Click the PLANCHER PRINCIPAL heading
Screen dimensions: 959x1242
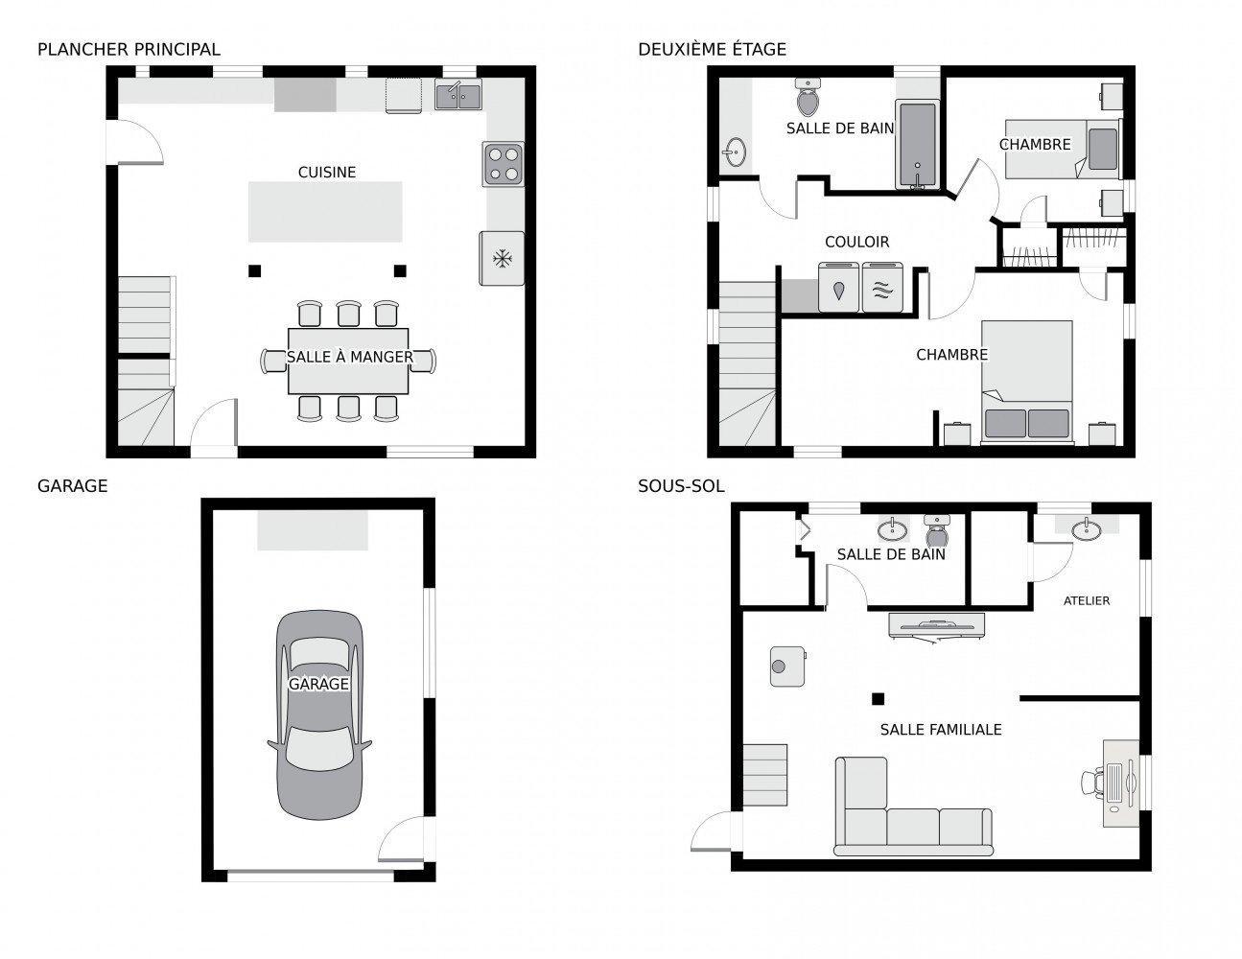click(x=129, y=49)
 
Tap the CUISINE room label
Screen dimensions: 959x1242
click(x=327, y=173)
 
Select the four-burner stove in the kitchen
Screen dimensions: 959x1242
click(x=504, y=163)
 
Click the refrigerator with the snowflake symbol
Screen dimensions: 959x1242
click(x=501, y=258)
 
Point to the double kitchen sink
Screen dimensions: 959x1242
click(x=458, y=96)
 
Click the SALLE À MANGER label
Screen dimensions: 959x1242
click(x=349, y=358)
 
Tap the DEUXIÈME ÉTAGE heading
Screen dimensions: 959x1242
click(x=712, y=49)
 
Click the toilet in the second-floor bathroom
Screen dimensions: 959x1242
click(x=808, y=97)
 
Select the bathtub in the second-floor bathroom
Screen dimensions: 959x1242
click(x=918, y=145)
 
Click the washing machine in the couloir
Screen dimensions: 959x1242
click(x=840, y=287)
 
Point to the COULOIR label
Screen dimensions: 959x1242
click(x=857, y=242)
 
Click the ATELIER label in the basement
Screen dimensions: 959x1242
click(x=1087, y=601)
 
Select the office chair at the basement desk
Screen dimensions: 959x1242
click(x=1092, y=782)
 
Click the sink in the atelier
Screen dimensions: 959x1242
click(x=1087, y=528)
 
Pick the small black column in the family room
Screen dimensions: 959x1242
click(x=876, y=698)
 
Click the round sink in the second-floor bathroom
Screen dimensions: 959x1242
click(x=736, y=152)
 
